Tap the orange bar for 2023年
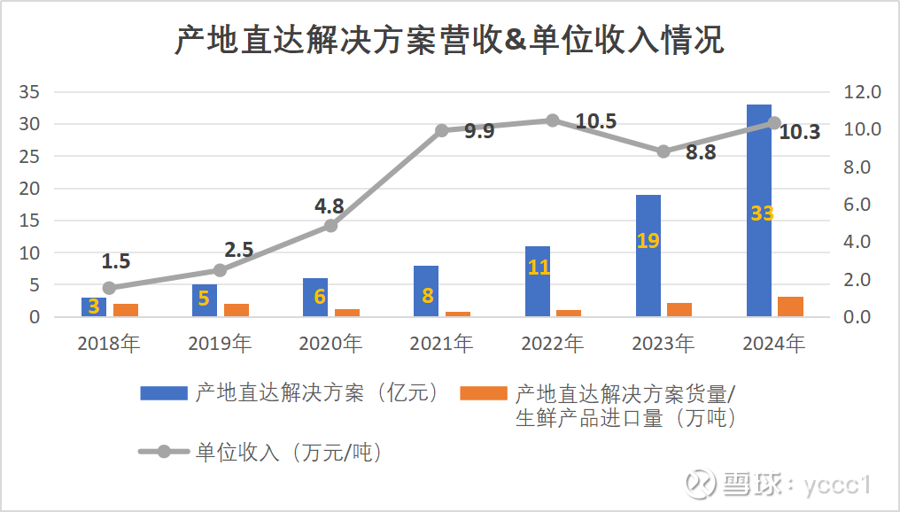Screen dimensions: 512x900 coord(679,309)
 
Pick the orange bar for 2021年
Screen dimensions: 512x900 coord(457,314)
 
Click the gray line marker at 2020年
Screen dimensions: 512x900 coord(331,226)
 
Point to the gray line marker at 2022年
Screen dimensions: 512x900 coord(553,120)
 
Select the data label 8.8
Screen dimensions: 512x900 coord(701,152)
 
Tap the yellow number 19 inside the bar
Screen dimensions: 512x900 coord(648,240)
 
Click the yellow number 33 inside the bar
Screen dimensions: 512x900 coord(761,213)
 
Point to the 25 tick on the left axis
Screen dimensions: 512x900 coord(30,157)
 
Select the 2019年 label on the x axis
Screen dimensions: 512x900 coord(220,344)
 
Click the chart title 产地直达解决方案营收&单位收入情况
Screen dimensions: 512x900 coord(449,41)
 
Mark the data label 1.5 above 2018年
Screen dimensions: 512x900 coord(116,261)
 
